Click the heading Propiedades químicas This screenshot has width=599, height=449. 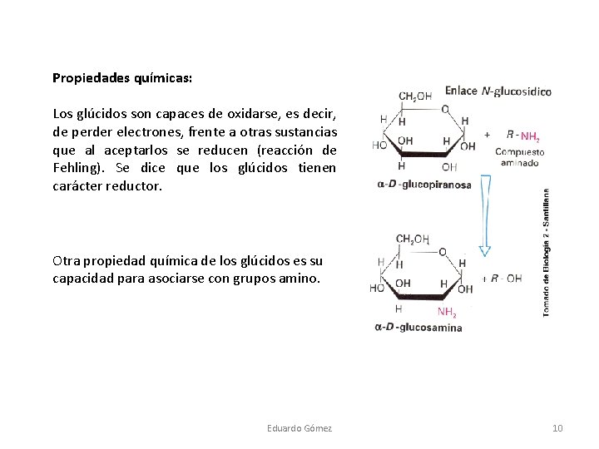click(x=122, y=78)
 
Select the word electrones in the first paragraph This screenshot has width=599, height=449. click(x=176, y=131)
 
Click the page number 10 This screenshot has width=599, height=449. click(x=557, y=428)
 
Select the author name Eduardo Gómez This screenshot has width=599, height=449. click(x=299, y=428)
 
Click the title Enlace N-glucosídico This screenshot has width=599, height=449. click(x=498, y=91)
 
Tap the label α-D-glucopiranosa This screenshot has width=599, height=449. click(x=424, y=185)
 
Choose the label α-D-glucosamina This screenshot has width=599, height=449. click(x=418, y=328)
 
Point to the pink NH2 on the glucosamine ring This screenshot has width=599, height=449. click(x=448, y=313)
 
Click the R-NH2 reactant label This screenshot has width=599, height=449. click(x=522, y=136)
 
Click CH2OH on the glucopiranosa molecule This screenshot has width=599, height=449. click(x=416, y=96)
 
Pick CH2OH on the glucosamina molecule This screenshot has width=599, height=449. click(x=413, y=239)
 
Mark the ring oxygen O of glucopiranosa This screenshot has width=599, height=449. click(x=445, y=108)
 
